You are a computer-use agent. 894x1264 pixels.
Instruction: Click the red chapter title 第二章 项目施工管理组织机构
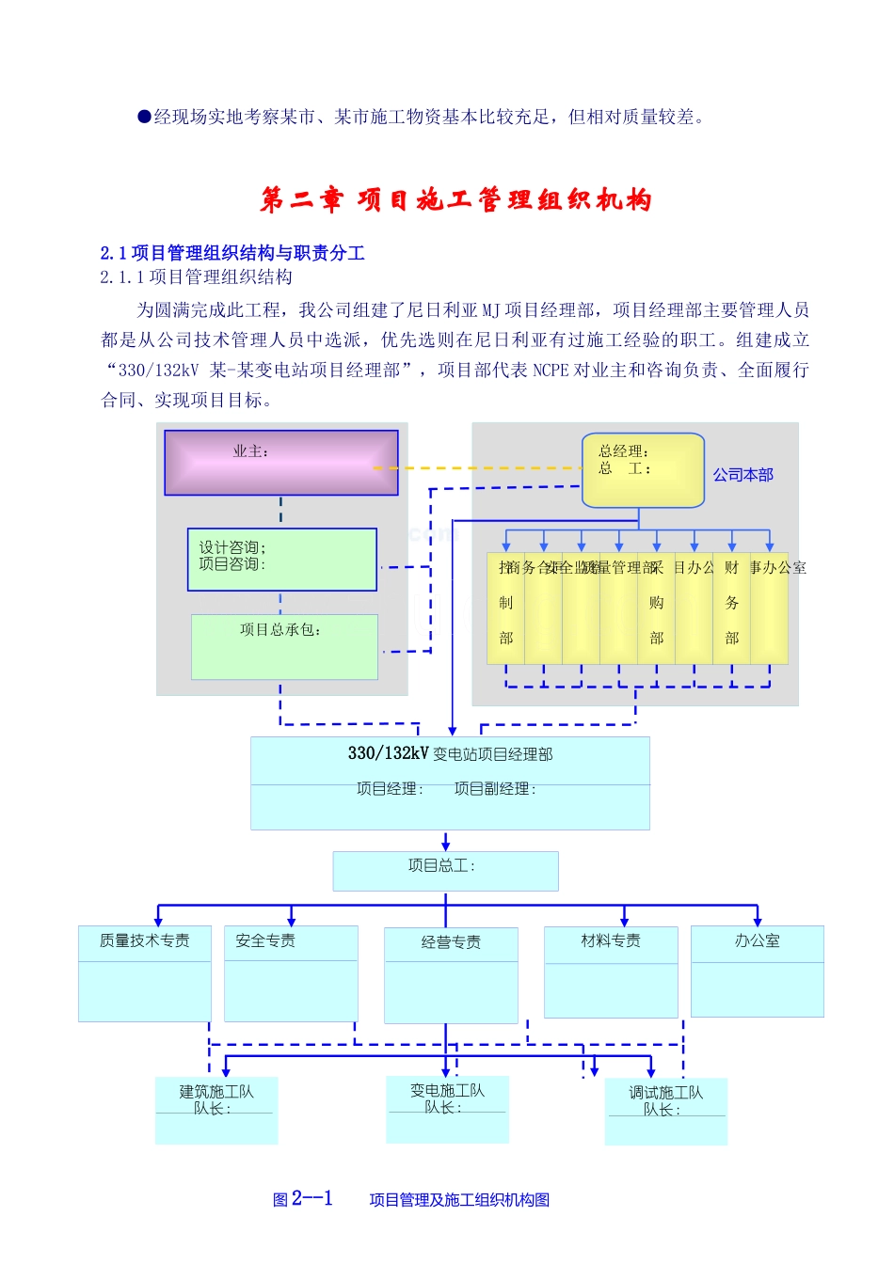click(x=455, y=199)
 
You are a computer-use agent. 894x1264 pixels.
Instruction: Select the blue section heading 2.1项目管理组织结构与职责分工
click(x=232, y=253)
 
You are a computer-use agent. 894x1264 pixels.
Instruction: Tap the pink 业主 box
click(x=280, y=463)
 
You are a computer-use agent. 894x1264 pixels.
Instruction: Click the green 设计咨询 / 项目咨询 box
click(x=281, y=560)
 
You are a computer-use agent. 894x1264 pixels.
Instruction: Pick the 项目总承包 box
click(x=284, y=646)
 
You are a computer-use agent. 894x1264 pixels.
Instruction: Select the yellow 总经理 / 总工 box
click(x=642, y=469)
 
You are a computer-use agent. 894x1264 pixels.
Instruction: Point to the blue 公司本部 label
click(x=742, y=475)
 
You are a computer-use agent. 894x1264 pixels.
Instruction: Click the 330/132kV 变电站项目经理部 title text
click(x=450, y=754)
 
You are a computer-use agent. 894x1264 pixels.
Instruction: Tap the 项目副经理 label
click(x=495, y=789)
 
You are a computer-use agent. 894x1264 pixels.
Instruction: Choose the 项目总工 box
click(x=445, y=871)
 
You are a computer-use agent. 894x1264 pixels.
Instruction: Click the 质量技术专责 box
click(x=145, y=972)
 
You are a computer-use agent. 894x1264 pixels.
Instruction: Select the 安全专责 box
click(x=291, y=972)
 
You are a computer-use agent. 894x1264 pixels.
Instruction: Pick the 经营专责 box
click(x=451, y=974)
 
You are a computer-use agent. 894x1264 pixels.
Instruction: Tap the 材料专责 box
click(x=611, y=972)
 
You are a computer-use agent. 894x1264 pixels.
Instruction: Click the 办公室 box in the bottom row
click(x=757, y=971)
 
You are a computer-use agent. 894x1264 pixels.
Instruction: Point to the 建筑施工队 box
click(x=216, y=1110)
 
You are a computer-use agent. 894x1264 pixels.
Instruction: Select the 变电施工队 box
click(x=447, y=1109)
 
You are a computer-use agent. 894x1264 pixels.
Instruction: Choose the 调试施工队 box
click(x=665, y=1111)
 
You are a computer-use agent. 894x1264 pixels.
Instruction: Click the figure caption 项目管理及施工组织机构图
click(x=459, y=1200)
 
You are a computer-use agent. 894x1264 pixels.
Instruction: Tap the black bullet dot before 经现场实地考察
click(x=145, y=117)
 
